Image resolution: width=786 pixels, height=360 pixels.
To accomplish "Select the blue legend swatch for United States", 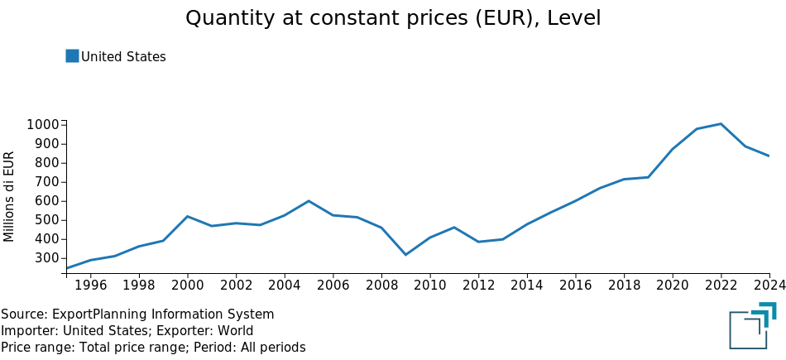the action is tap(72, 55).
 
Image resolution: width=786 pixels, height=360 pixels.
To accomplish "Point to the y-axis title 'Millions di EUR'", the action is tap(8, 196).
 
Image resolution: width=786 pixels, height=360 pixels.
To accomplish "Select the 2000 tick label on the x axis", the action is tap(188, 286).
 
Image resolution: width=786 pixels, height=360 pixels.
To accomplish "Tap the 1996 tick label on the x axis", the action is tap(91, 286).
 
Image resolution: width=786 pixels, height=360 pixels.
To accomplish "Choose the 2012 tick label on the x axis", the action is tap(478, 286).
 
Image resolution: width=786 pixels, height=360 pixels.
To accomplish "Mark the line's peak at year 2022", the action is tap(721, 123).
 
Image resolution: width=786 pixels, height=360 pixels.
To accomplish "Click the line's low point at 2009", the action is tap(405, 255).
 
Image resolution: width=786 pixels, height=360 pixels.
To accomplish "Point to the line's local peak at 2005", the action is tap(309, 201).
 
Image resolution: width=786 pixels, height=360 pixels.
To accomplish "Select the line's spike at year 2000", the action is tap(188, 216).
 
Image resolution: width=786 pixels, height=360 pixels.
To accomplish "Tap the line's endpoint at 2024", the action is tap(769, 156).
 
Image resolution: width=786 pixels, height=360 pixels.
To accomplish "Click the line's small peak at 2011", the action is tap(454, 227).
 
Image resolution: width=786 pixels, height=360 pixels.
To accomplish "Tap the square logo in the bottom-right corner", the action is tap(753, 325).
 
